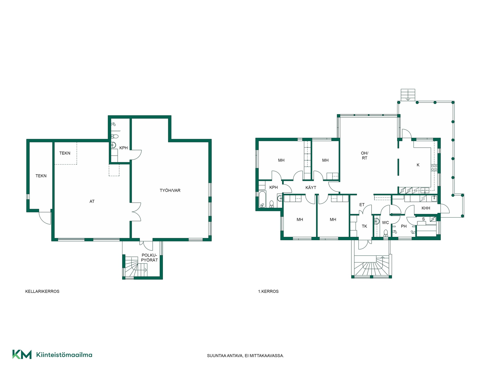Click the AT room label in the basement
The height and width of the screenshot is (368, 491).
pos(92,201)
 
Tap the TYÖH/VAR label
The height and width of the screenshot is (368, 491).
pos(170,190)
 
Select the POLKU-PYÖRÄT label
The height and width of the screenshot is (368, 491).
pos(149,258)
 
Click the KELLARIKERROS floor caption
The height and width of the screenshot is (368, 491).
pos(42,291)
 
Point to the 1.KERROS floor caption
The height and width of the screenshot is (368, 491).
pos(268,291)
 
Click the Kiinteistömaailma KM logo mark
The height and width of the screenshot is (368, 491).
pos(22,354)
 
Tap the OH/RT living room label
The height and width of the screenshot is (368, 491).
pos(364,156)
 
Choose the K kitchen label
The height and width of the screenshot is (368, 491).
pos(418,165)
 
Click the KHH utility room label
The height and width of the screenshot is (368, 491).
pos(426,208)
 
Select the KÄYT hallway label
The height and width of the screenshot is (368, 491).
pos(311,188)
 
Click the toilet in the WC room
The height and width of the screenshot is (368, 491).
pos(386,233)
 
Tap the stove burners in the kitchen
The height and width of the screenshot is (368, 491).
pos(434,168)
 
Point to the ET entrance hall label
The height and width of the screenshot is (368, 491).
pos(362,205)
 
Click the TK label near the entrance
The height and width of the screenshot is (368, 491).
pos(364,226)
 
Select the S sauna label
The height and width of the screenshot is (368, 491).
pos(423,219)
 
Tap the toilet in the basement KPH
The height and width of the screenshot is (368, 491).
pos(115,136)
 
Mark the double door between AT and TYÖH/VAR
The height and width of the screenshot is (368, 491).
pos(136,212)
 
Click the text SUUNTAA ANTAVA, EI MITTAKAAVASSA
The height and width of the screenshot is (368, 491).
pos(245,355)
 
